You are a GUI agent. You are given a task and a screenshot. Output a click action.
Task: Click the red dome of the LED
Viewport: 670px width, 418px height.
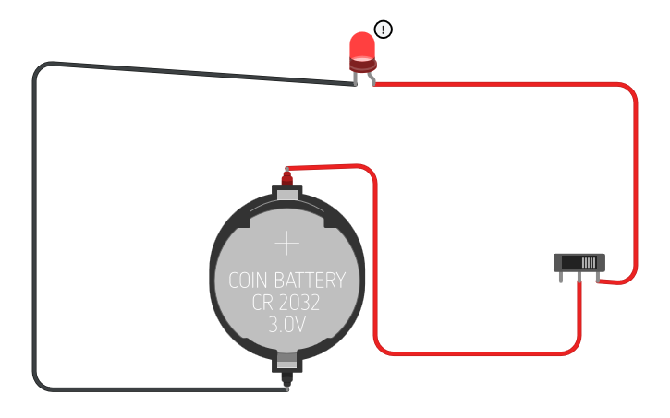(x=361, y=46)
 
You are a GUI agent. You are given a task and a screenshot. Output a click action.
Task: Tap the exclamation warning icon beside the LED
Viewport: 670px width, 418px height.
(x=384, y=30)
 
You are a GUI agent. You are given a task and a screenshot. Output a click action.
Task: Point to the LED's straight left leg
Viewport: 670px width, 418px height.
(x=355, y=78)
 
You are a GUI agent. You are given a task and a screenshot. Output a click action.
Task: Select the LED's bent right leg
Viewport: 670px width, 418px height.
(x=372, y=78)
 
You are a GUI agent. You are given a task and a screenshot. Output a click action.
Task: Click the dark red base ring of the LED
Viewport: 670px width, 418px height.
(x=362, y=65)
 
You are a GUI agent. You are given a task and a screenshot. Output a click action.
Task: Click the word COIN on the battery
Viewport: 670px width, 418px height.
(x=250, y=281)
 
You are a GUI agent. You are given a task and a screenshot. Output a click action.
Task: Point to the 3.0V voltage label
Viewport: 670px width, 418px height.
(x=287, y=325)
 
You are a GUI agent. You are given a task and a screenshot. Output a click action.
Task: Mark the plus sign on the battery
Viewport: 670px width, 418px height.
(x=287, y=244)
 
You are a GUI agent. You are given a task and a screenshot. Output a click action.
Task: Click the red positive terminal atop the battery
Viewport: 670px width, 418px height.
(x=286, y=176)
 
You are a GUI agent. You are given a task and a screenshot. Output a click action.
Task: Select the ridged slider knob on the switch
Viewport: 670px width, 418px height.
(x=589, y=263)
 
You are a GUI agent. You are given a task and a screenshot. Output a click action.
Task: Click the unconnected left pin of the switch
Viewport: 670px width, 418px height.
(x=561, y=276)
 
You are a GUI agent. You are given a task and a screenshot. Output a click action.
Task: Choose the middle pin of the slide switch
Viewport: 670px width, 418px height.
(x=579, y=277)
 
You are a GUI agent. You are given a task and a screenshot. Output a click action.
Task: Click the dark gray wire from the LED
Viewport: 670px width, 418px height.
(x=35, y=231)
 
